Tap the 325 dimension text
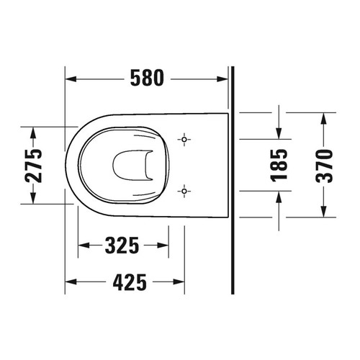point(122,246)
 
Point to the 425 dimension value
point(130,282)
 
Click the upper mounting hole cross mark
point(185,138)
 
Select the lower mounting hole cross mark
point(185,191)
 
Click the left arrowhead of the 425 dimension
point(71,282)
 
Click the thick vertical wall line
point(232,180)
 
